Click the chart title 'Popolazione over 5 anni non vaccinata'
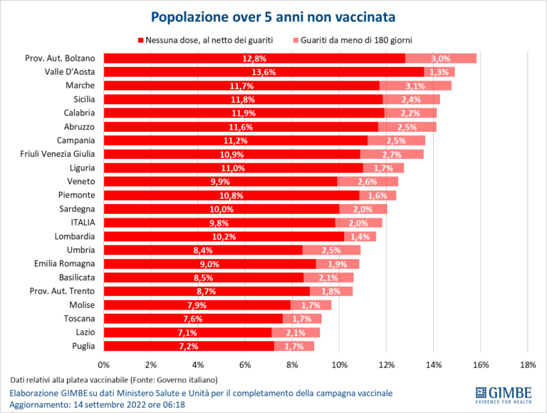pyautogui.click(x=273, y=15)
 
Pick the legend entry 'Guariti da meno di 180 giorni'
pyautogui.click(x=356, y=40)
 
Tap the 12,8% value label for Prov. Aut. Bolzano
pyautogui.click(x=254, y=58)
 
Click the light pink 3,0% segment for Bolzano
pyautogui.click(x=441, y=58)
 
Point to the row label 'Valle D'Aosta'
pyautogui.click(x=75, y=72)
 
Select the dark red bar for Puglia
pyautogui.click(x=189, y=346)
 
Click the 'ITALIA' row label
pyautogui.click(x=83, y=223)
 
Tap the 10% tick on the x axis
pyautogui.click(x=339, y=365)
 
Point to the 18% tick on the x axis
pyautogui.click(x=527, y=365)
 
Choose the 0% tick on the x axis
pyautogui.click(x=105, y=365)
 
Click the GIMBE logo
pyautogui.click(x=501, y=394)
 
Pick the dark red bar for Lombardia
pyautogui.click(x=224, y=236)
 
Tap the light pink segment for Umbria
pyautogui.click(x=331, y=250)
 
